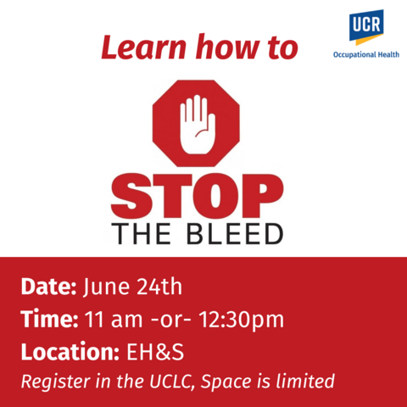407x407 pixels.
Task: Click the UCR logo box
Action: point(365,27)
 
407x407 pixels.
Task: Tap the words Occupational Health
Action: point(365,55)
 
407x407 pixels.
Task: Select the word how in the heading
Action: point(212,47)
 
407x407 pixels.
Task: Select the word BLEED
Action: point(238,233)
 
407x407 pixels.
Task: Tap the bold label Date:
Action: point(48,286)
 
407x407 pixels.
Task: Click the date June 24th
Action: point(132,286)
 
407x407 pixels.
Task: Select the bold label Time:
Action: point(47,320)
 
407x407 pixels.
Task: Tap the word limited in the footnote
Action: point(307,381)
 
